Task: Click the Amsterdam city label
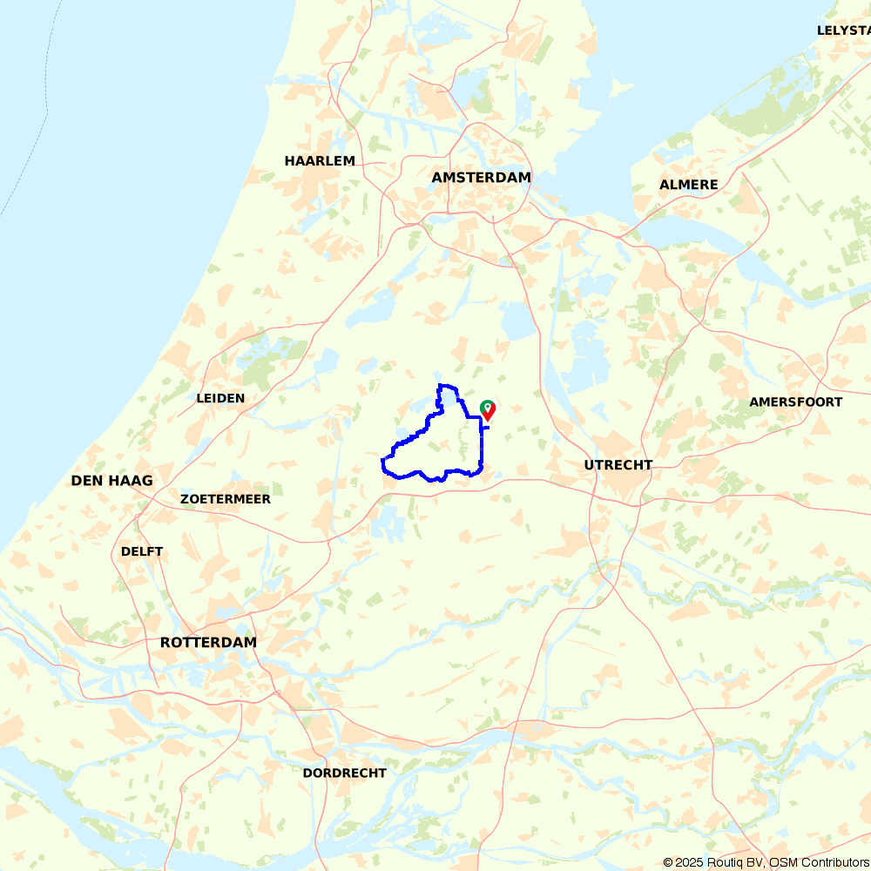coord(481,178)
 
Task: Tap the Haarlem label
coord(320,161)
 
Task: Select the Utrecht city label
coord(618,465)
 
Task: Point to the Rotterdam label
coord(208,643)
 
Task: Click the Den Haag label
coord(111,481)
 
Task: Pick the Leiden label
coord(220,398)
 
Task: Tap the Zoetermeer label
coord(225,499)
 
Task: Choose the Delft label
coord(142,551)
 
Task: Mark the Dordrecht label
coord(344,773)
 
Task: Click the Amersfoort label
coord(795,402)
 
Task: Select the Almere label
coord(688,185)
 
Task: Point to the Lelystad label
coord(843,30)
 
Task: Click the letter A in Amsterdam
coord(437,178)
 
